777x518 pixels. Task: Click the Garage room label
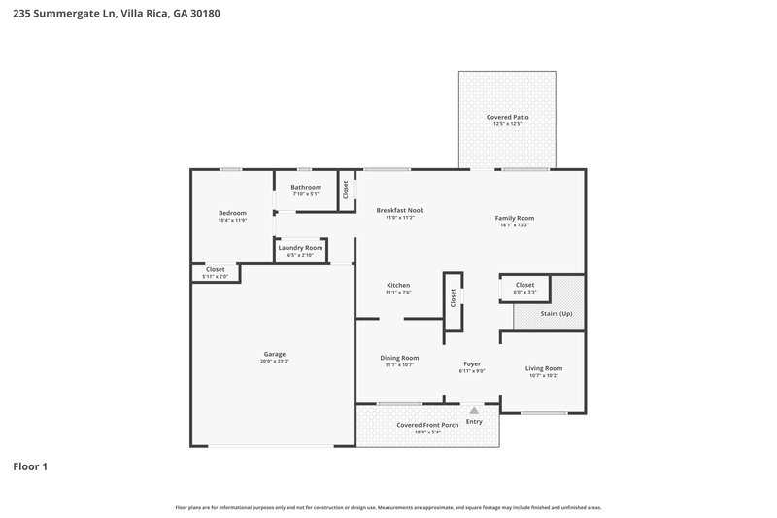[x=274, y=354]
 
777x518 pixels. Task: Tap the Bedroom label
[x=232, y=213]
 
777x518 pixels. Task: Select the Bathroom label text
[x=306, y=187]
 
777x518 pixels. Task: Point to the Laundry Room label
[x=300, y=248]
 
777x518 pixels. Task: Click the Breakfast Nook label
[x=400, y=210]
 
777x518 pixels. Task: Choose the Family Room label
[x=515, y=218]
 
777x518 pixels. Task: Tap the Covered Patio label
[x=507, y=117]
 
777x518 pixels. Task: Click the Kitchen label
[x=399, y=285]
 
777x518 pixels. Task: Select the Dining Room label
[x=399, y=358]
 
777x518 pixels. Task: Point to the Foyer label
[x=472, y=363]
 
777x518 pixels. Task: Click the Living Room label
[x=544, y=368]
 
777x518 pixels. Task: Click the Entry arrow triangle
[x=474, y=411]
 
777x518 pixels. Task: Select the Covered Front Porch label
[x=427, y=425]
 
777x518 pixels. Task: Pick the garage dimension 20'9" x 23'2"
[x=274, y=361]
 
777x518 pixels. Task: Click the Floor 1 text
[x=30, y=466]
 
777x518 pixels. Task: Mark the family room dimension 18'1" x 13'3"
[x=515, y=225]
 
